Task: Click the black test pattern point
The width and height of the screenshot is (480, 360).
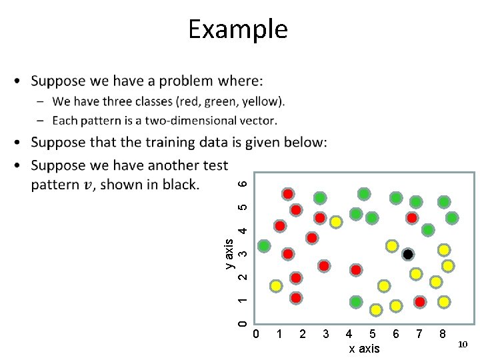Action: (408, 255)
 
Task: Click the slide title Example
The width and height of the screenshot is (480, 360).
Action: (237, 29)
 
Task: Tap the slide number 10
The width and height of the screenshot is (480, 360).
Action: (463, 344)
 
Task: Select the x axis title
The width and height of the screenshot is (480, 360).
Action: (364, 349)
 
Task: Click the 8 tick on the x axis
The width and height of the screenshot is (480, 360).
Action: (442, 333)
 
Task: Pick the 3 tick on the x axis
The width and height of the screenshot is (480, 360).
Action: (325, 333)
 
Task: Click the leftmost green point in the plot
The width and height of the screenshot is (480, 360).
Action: (265, 246)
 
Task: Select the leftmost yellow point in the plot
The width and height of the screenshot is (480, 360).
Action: (275, 286)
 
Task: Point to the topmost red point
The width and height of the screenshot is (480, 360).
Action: (287, 194)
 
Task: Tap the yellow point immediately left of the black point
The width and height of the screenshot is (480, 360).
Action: (392, 246)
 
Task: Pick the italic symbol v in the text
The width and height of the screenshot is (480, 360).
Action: (87, 184)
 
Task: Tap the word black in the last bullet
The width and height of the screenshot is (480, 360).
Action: (178, 184)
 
